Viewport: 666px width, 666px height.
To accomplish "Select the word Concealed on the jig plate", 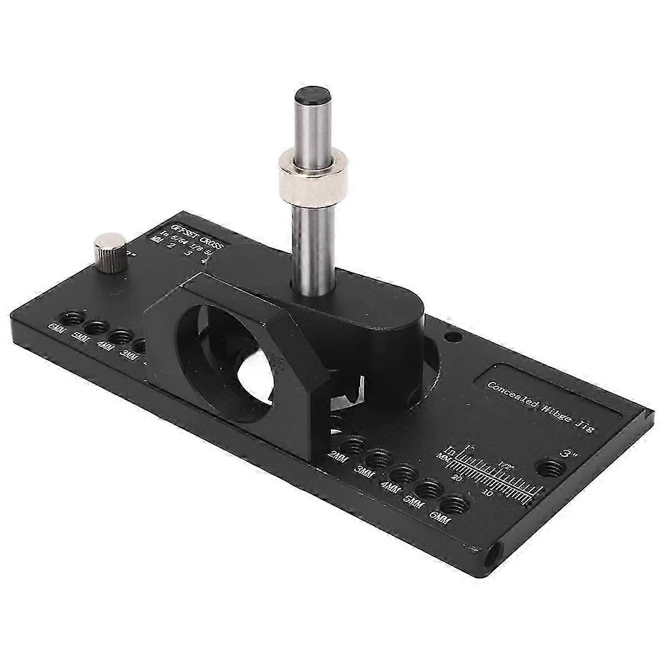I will tap(508, 390).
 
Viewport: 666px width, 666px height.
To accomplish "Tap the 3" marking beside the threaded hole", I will tap(568, 453).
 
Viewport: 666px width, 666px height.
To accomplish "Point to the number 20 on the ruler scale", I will tap(457, 477).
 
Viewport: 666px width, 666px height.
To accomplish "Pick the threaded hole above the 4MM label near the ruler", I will tap(402, 473).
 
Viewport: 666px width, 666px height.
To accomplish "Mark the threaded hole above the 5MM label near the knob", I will tap(97, 327).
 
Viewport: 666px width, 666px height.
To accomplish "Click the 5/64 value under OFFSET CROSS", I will tap(180, 239).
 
